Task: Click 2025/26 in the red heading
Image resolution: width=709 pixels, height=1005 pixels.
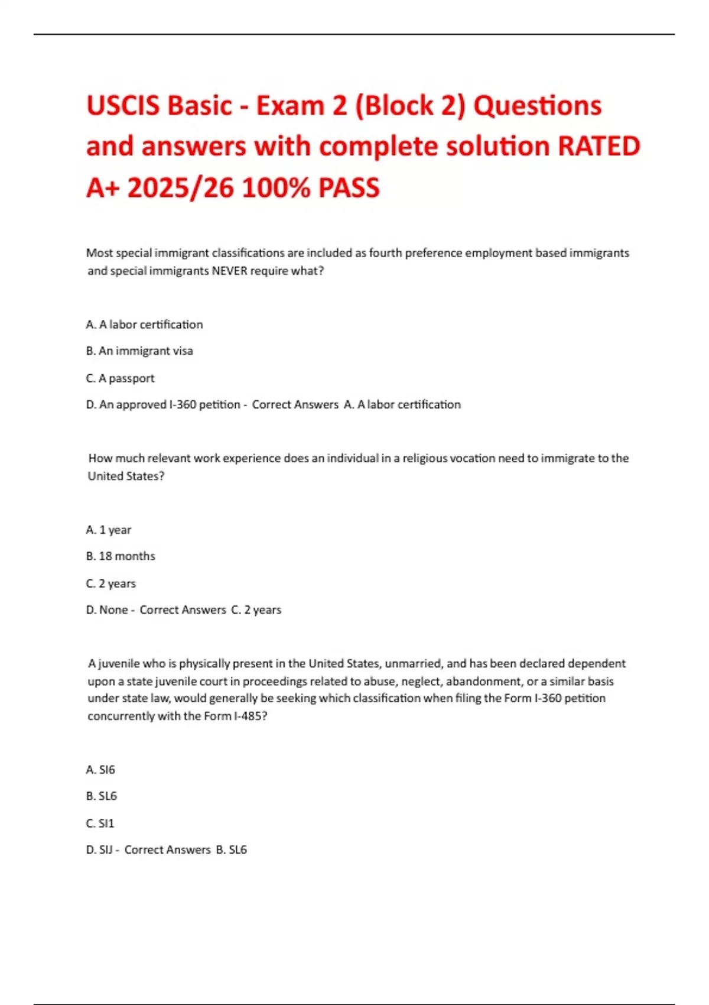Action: point(181,188)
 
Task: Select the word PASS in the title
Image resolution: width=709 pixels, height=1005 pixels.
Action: point(349,188)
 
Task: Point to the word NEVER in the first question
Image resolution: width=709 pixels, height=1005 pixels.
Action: point(229,271)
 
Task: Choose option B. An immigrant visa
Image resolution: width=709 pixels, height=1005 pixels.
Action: point(139,351)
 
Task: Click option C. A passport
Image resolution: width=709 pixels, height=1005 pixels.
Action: point(120,378)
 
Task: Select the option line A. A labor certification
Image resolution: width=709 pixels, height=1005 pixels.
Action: point(144,324)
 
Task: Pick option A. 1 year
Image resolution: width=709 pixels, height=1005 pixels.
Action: point(109,529)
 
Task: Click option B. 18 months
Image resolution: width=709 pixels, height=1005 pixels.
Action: point(121,556)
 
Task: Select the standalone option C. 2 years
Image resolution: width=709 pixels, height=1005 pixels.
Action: point(110,583)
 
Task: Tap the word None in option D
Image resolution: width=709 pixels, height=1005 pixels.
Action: point(113,610)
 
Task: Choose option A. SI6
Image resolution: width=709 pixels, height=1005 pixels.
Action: point(100,769)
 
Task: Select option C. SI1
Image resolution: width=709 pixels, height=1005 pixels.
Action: point(100,822)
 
